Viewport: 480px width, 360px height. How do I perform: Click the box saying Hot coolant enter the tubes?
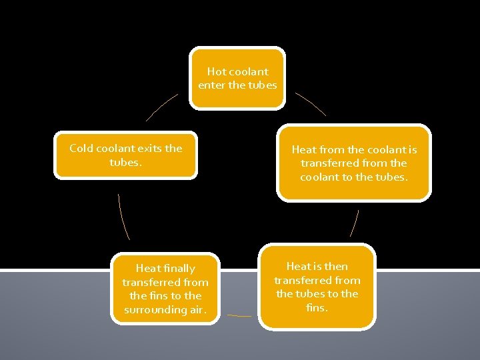point(237,78)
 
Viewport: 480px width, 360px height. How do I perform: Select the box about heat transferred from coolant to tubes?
point(354,163)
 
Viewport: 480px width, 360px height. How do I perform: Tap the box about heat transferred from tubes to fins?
point(317,287)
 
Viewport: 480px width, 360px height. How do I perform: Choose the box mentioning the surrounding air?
point(165,289)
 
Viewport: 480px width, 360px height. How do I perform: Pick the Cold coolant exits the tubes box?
point(125,155)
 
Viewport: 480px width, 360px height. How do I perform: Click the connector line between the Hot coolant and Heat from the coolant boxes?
point(311,103)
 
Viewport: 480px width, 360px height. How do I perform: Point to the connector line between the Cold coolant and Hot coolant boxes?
point(162,107)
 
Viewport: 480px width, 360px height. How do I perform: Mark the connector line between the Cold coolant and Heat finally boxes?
point(123,217)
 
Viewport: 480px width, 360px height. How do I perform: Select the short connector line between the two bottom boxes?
point(239,315)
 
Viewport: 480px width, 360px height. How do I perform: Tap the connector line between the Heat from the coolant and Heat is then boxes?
point(355,223)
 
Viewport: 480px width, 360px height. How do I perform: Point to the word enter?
point(211,85)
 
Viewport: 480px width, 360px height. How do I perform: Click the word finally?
point(179,269)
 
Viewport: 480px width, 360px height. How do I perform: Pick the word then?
point(335,267)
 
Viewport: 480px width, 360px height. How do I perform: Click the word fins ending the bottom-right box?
point(317,307)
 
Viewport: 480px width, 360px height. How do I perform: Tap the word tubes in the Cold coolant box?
point(125,162)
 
